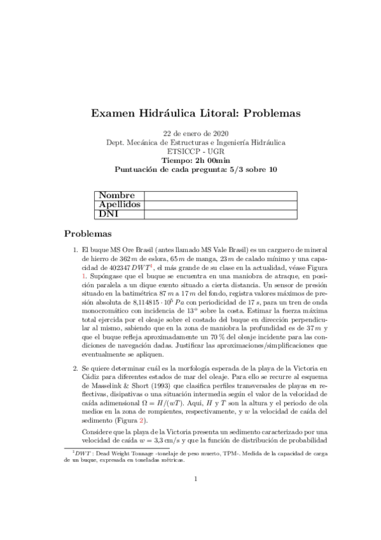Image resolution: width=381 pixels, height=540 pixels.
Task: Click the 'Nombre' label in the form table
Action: [116, 195]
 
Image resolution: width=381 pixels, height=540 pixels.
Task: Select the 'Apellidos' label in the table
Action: [120, 204]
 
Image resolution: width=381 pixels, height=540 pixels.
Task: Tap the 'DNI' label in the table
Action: [108, 214]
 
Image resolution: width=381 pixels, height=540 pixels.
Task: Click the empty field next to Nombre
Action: [221, 195]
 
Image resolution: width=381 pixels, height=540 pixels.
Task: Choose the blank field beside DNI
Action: [221, 214]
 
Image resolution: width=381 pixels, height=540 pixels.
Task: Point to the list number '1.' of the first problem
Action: [76, 252]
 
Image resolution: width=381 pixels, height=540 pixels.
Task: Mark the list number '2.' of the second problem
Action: [76, 368]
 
